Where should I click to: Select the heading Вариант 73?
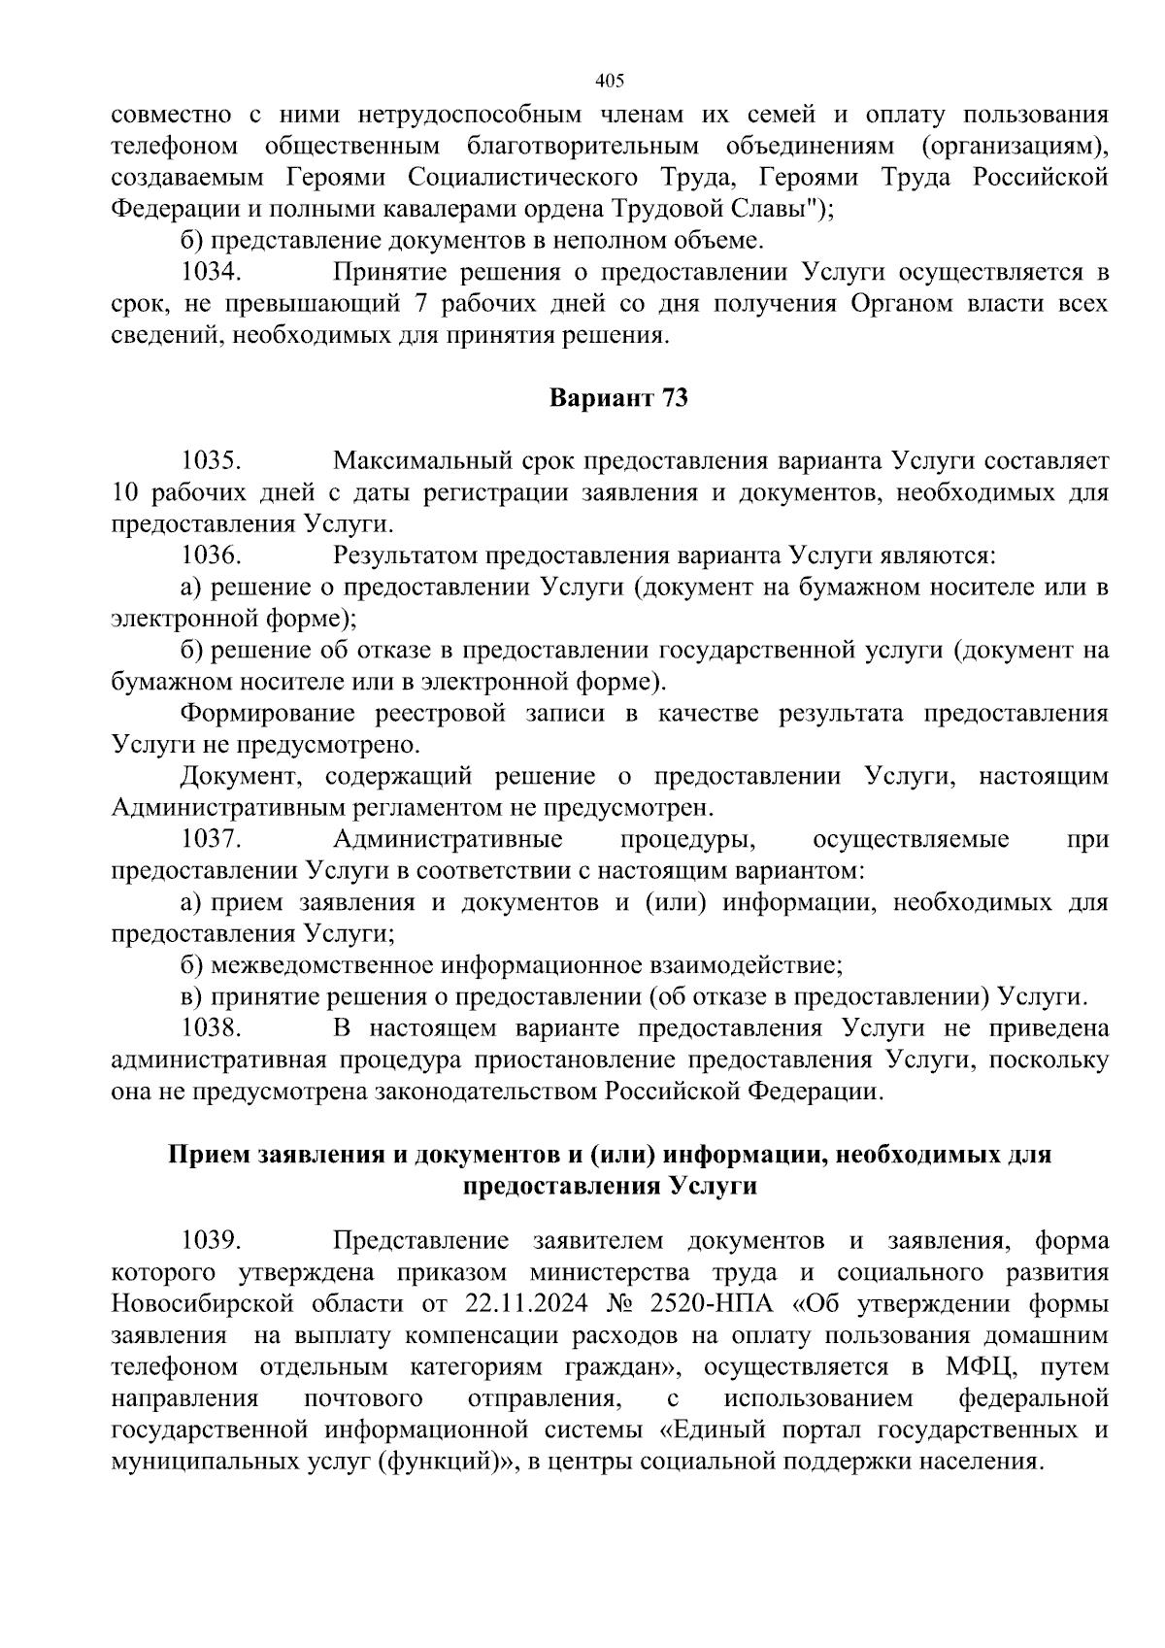[x=619, y=399]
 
